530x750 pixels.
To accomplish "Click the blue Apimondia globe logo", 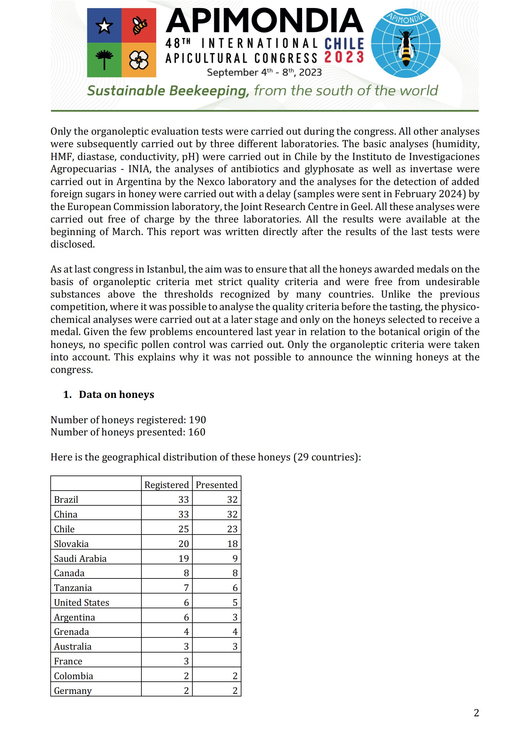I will click(x=406, y=43).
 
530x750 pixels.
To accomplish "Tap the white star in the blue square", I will click(x=104, y=26).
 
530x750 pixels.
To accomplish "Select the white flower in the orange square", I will click(x=139, y=60).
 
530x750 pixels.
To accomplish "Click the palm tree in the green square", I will click(x=104, y=60).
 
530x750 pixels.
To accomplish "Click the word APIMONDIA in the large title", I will click(x=265, y=21).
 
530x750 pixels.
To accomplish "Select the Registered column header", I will click(x=166, y=485).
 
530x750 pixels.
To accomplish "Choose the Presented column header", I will click(x=216, y=485).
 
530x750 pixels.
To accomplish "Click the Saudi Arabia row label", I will click(x=80, y=559).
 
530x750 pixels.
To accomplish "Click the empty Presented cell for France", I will click(x=216, y=661).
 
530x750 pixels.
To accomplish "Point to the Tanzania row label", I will click(x=73, y=588).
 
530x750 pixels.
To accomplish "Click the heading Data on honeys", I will click(x=116, y=395).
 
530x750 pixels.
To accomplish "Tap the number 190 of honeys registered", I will click(x=197, y=420).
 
